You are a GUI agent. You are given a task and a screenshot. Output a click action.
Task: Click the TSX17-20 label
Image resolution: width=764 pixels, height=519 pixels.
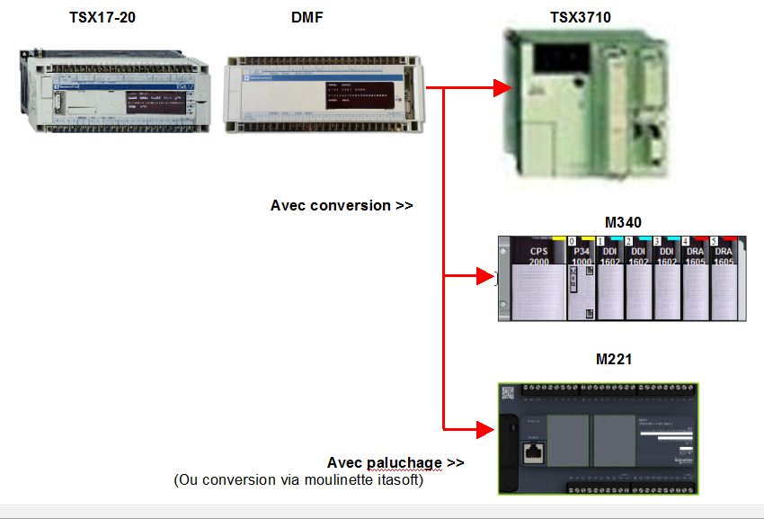click(x=102, y=17)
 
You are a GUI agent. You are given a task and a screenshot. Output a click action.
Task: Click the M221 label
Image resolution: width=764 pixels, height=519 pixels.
click(x=614, y=359)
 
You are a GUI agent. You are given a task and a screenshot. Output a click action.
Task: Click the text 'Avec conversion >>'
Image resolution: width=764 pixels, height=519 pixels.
click(x=342, y=205)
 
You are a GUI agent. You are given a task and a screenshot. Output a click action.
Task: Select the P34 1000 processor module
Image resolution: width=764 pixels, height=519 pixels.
click(x=582, y=279)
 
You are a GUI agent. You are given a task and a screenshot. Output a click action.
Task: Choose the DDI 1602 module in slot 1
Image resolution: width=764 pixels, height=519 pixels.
click(x=610, y=279)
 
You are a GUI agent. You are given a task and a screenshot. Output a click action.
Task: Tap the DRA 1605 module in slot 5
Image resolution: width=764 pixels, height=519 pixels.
click(x=724, y=279)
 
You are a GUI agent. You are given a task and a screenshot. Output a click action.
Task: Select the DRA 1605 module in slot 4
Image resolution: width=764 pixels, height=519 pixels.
click(x=696, y=279)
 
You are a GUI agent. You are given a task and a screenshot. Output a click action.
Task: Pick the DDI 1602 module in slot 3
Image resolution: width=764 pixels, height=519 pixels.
click(x=667, y=279)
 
